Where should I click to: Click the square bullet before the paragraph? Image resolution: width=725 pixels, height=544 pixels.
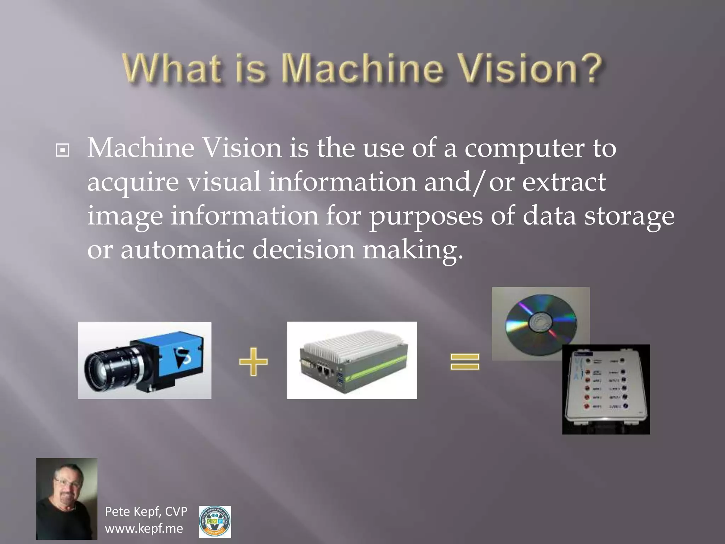(63, 151)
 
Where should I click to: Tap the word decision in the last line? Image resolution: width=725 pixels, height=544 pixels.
(303, 249)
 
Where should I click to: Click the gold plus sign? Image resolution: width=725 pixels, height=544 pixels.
(253, 361)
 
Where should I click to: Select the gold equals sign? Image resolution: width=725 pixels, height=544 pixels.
(464, 362)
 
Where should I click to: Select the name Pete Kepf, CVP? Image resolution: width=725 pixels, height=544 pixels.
(146, 511)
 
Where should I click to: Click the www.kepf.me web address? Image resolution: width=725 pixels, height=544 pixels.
(144, 529)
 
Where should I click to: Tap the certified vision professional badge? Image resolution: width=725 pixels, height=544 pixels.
(215, 522)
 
